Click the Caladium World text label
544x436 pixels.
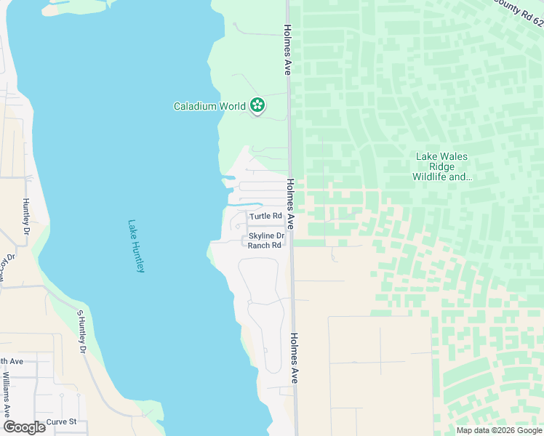(x=209, y=106)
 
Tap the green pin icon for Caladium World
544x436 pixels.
(x=257, y=105)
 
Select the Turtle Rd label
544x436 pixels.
(x=265, y=217)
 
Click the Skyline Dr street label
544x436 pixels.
(x=266, y=236)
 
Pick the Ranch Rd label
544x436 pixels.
(x=264, y=246)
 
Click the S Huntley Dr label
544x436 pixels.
(x=81, y=331)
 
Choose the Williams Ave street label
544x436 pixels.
(x=6, y=392)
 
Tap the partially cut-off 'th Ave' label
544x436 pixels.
(x=12, y=361)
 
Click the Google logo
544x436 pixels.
(x=24, y=427)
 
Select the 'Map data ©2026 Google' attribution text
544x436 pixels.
(x=499, y=430)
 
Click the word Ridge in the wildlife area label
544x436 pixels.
(x=442, y=166)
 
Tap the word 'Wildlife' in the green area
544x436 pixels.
(x=433, y=177)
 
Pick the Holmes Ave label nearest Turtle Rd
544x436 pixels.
(x=290, y=205)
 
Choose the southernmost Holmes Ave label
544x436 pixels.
(x=295, y=358)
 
